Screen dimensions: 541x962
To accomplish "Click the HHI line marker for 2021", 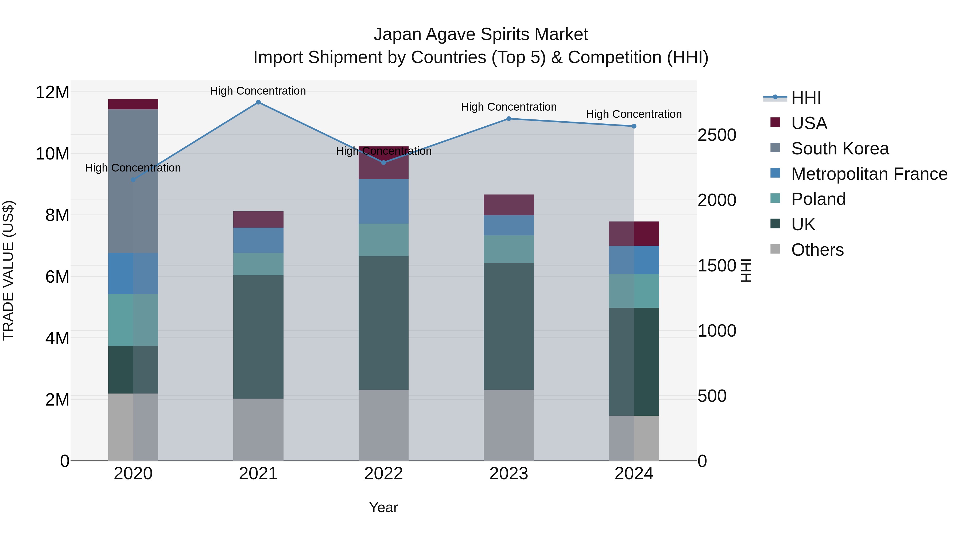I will click(258, 102).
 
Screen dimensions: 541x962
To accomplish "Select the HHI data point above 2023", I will click(509, 119).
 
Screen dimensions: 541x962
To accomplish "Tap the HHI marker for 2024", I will click(634, 126).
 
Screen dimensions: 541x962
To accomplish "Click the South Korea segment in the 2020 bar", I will click(133, 181).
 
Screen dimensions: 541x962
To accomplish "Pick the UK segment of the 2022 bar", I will click(383, 323).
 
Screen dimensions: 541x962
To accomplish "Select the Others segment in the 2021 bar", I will click(258, 429).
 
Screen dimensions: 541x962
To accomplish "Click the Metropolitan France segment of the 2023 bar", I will click(509, 225).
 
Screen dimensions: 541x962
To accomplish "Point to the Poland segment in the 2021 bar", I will click(258, 264).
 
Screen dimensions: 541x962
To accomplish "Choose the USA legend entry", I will click(809, 123).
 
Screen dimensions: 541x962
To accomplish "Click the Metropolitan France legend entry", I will click(869, 174).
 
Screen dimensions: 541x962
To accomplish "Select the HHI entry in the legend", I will click(806, 98).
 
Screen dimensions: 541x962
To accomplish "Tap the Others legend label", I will click(817, 250).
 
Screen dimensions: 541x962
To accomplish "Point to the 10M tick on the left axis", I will click(52, 153).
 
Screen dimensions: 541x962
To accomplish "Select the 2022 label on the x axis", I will click(383, 474).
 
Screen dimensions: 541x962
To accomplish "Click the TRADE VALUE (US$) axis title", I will click(8, 270).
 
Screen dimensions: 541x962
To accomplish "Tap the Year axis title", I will click(383, 507).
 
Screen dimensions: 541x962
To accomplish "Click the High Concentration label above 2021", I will click(258, 91).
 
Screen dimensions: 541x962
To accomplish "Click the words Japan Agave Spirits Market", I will click(481, 34).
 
